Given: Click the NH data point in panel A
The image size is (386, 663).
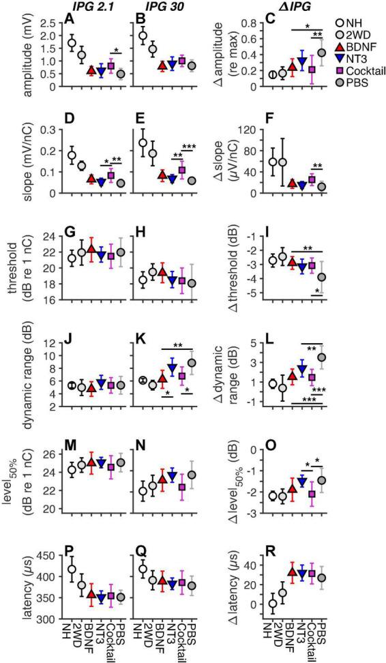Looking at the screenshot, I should coord(72,44).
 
